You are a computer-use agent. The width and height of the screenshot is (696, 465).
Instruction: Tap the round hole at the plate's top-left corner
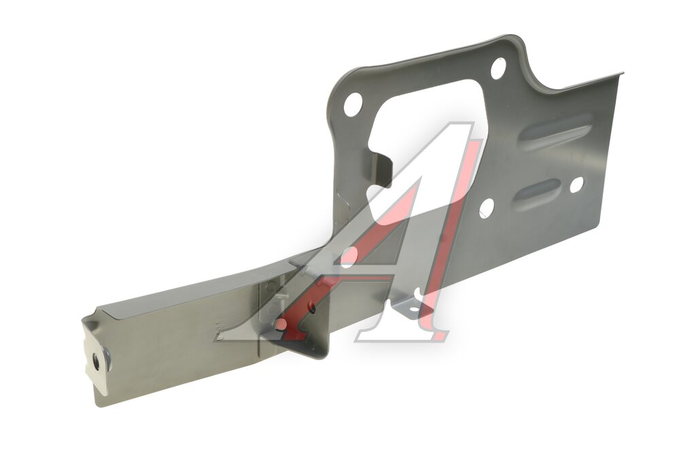click(353, 104)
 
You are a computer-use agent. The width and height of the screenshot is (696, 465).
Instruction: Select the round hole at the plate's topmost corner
click(498, 68)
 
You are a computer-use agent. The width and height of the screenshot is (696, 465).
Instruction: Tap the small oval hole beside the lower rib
click(576, 185)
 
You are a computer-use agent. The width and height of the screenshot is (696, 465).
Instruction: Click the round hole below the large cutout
click(487, 208)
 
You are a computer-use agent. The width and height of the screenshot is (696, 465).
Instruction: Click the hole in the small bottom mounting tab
click(413, 309)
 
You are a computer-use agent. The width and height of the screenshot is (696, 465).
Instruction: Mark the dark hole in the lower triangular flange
click(311, 306)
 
